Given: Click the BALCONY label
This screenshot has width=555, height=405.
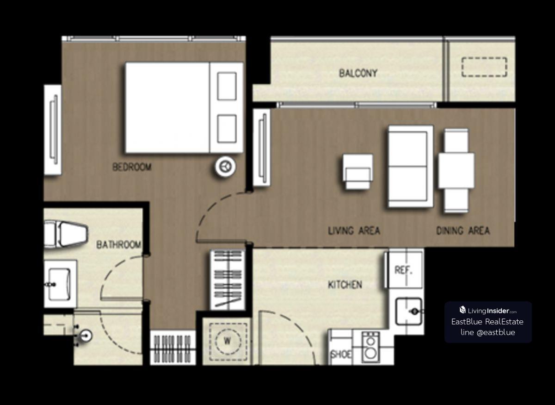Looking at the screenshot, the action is (358, 73).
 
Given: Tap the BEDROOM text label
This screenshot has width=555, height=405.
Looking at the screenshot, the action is (132, 167).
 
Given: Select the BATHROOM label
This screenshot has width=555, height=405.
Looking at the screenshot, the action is (119, 245).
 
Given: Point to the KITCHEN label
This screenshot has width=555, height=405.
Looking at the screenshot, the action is (345, 285).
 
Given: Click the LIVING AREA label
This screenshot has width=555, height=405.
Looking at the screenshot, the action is (354, 231).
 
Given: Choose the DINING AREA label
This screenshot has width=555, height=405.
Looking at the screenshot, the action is (463, 231).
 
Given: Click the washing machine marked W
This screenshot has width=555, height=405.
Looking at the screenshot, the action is (228, 342).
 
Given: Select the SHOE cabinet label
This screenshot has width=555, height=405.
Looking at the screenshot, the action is (341, 355).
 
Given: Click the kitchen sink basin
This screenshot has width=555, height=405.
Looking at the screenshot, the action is (408, 312).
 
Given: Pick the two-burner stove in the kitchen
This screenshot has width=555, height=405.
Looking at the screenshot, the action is (370, 347).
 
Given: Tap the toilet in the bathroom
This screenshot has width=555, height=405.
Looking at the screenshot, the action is (66, 234).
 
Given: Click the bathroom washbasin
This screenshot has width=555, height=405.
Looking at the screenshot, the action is (60, 285).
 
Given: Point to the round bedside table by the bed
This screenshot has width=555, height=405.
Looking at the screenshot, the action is (226, 167).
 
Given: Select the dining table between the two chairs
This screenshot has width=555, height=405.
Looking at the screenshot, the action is (456, 170).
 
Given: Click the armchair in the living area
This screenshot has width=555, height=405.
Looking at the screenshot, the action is (358, 172).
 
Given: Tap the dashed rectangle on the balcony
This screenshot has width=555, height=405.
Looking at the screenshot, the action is (484, 67).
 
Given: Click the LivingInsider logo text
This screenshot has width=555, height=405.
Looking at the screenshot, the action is (488, 310).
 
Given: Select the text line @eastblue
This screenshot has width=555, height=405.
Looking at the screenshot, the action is (488, 332).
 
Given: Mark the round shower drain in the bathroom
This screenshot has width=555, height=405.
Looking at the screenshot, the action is (86, 336).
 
